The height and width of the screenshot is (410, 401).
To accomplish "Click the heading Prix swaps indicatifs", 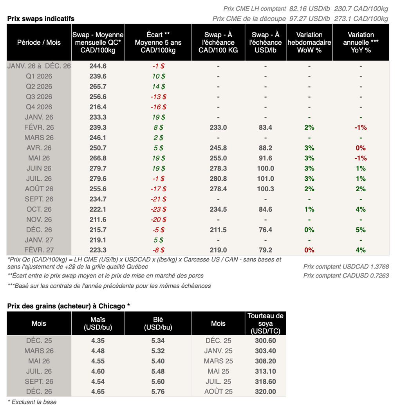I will click(x=41, y=18).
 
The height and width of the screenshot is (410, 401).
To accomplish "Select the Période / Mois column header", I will click(x=39, y=42).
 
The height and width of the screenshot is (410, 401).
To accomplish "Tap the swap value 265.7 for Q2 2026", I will click(x=98, y=87).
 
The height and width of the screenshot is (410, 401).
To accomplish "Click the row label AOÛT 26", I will click(x=39, y=189).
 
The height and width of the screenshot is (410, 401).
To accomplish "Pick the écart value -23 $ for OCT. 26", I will click(x=158, y=209).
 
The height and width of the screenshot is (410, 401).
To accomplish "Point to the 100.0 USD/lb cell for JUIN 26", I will click(x=266, y=169).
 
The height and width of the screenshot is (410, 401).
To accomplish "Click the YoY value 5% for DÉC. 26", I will click(x=361, y=230).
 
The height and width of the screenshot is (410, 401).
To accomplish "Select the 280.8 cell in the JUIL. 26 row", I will click(x=218, y=179).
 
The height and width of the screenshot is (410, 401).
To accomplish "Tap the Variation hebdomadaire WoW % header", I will click(x=309, y=42).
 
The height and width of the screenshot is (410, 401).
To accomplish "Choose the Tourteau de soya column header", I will click(x=266, y=323).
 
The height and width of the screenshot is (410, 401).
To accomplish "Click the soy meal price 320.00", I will click(x=266, y=392).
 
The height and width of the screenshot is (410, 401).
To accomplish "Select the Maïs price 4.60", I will click(x=98, y=371).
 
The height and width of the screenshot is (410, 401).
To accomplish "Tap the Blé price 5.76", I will click(x=158, y=392).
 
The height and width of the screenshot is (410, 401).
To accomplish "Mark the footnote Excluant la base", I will click(x=32, y=402).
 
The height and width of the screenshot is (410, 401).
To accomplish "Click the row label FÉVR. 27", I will click(x=39, y=250).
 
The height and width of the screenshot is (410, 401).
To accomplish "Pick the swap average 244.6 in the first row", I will click(x=98, y=66).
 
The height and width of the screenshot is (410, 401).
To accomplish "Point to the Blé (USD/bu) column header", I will click(x=158, y=323).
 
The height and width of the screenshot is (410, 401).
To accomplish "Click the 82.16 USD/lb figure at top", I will click(x=308, y=8).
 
